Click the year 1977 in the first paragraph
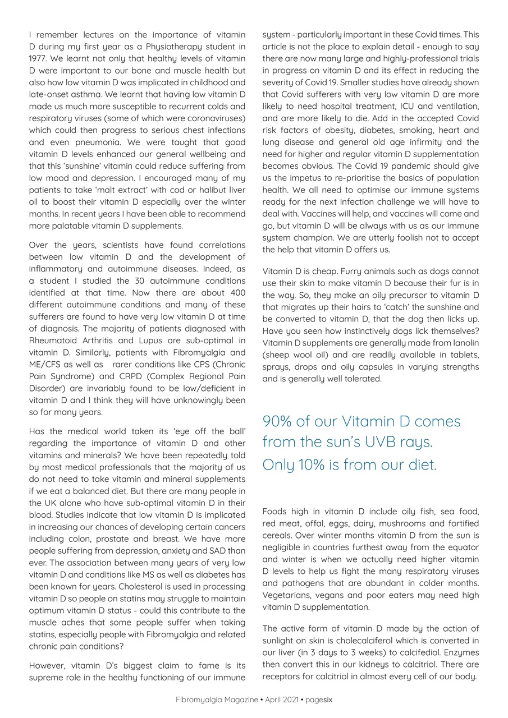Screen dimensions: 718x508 pos(38,58)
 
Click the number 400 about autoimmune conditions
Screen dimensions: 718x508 pos(237,293)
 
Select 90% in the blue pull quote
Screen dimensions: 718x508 pos(280,421)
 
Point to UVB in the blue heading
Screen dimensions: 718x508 pos(384,443)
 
